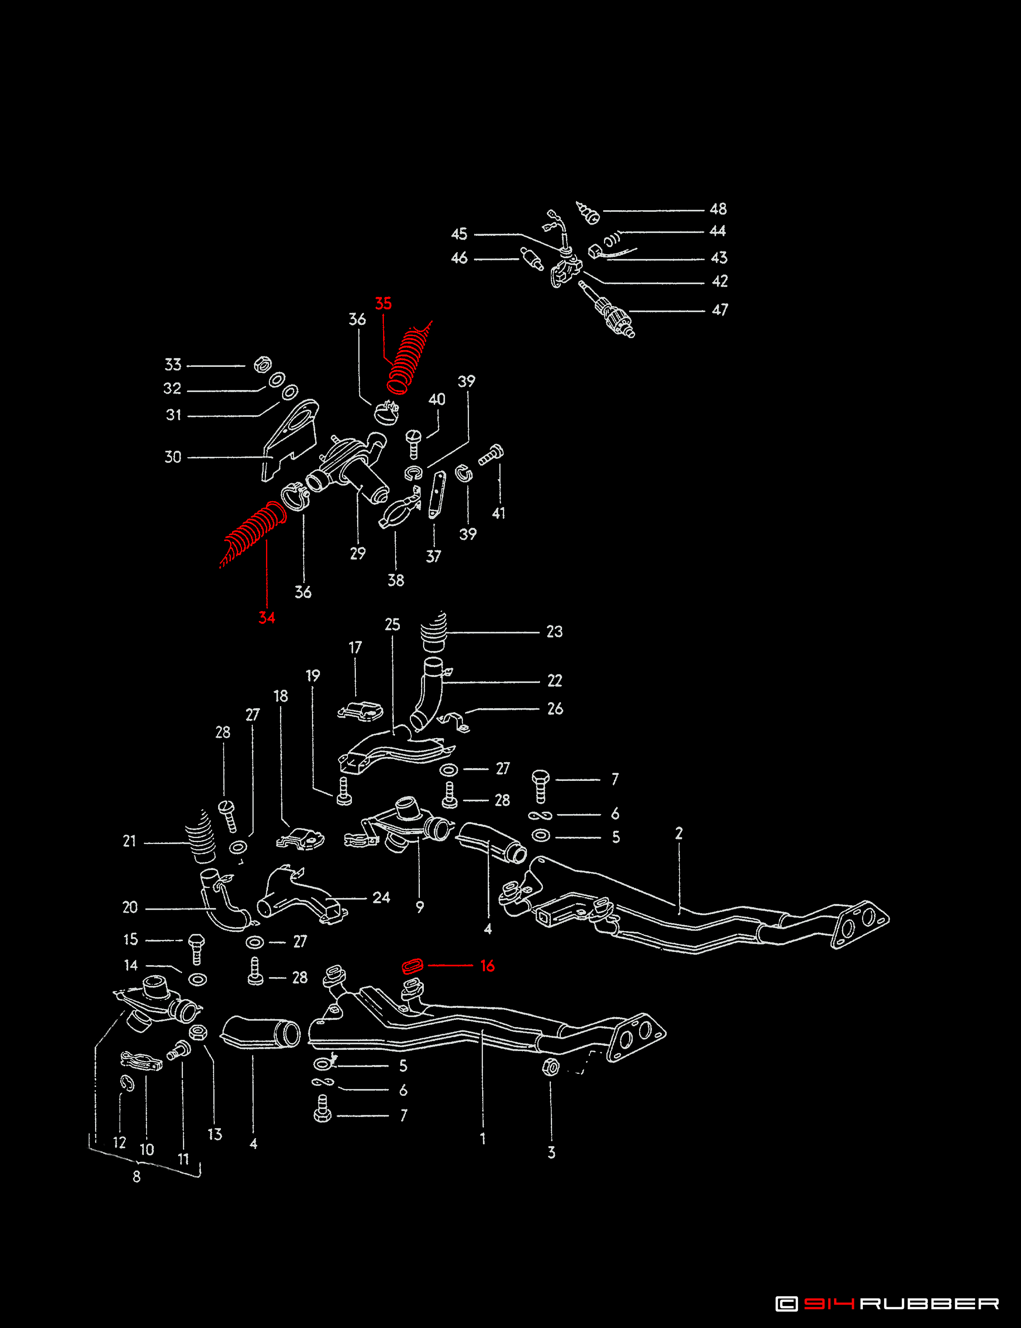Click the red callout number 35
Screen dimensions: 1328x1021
tap(383, 303)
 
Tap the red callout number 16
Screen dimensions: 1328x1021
tap(487, 966)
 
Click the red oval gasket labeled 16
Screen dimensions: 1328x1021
tap(413, 966)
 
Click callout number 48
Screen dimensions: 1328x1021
tap(718, 209)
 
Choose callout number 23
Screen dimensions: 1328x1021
tap(554, 632)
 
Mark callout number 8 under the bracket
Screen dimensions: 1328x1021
tap(137, 1177)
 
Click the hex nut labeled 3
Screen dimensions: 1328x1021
tap(550, 1067)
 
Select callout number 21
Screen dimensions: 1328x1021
tap(129, 842)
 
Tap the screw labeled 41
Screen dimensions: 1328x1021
tap(491, 455)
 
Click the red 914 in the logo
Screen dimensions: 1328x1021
tap(828, 1303)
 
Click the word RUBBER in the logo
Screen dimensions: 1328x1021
tap(929, 1303)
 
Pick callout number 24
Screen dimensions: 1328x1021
tap(381, 898)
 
